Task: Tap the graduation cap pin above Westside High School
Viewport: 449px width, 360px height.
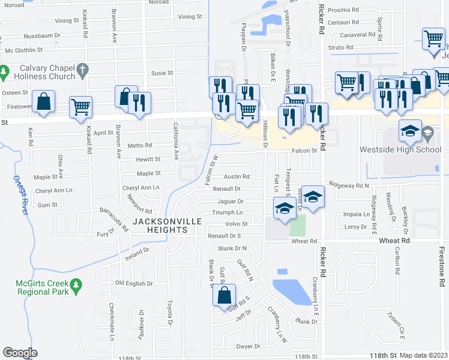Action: tap(409, 131)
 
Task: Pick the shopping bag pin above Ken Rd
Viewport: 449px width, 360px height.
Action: tap(44, 102)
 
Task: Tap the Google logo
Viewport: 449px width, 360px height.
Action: tap(20, 353)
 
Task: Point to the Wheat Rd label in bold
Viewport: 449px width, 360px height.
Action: tap(394, 240)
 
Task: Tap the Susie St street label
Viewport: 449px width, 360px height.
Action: tap(161, 73)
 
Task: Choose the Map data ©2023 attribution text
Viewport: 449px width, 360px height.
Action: tap(424, 355)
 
